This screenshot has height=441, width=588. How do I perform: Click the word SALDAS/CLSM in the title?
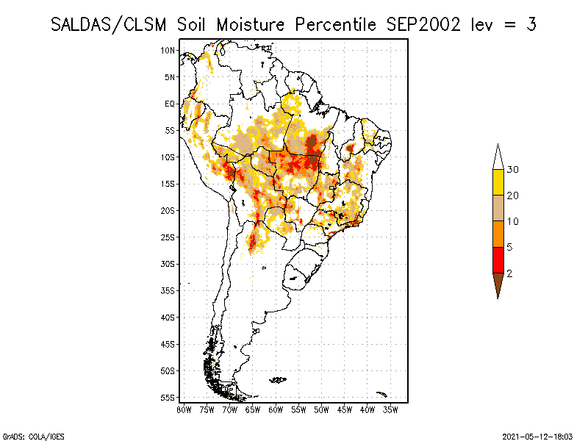pyautogui.click(x=112, y=24)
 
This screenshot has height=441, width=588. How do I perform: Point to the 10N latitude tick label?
pyautogui.click(x=168, y=50)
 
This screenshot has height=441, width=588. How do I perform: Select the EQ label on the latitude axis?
pyautogui.click(x=170, y=104)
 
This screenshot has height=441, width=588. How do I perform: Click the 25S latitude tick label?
pyautogui.click(x=168, y=237)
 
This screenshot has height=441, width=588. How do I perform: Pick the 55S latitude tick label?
pyautogui.click(x=168, y=397)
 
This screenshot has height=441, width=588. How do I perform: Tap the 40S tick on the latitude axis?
pyautogui.click(x=168, y=317)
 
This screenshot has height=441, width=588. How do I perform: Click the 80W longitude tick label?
pyautogui.click(x=184, y=409)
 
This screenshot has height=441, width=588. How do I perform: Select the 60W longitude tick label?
pyautogui.click(x=276, y=409)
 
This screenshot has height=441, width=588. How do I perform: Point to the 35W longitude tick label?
pyautogui.click(x=390, y=409)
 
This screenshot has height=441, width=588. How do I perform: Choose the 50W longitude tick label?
pyautogui.click(x=321, y=409)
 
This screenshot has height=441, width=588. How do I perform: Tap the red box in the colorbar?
pyautogui.click(x=498, y=259)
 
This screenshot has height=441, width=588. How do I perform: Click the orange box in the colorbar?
pyautogui.click(x=498, y=234)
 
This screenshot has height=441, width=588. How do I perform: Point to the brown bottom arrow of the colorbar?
pyautogui.click(x=498, y=283)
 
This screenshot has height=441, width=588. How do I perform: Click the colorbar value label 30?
pyautogui.click(x=513, y=170)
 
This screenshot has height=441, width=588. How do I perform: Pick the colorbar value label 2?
pyautogui.click(x=509, y=273)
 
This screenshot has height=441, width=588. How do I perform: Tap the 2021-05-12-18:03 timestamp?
pyautogui.click(x=537, y=436)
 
